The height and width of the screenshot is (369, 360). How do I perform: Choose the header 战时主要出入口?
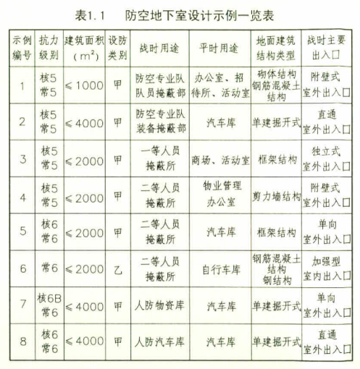click(x=326, y=45)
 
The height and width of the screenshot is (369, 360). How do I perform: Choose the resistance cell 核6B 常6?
click(x=49, y=304)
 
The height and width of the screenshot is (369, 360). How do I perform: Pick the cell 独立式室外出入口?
click(x=326, y=159)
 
